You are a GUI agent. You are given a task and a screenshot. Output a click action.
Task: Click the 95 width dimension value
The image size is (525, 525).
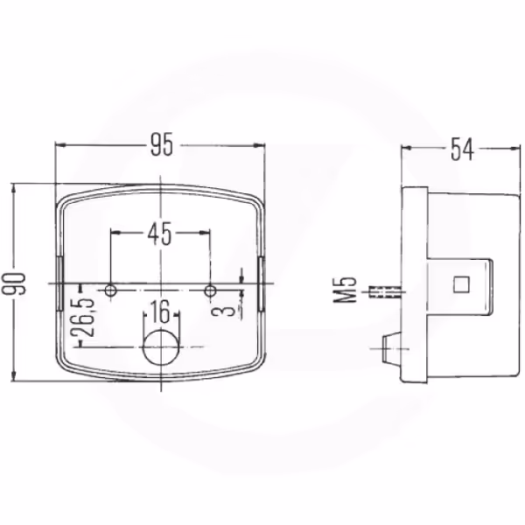pos(162,145)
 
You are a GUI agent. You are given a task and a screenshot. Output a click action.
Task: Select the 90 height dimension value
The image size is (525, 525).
pos(14,283)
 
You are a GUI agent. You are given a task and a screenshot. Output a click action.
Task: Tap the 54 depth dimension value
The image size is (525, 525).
pos(462,150)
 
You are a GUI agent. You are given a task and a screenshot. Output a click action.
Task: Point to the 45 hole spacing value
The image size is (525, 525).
pos(160,234)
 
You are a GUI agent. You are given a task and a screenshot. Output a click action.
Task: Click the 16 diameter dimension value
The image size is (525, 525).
pos(160,312)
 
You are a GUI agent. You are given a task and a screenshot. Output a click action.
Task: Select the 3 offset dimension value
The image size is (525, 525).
pos(227,308)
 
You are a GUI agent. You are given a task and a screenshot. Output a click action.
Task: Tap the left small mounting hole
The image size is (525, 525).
pos(111,290)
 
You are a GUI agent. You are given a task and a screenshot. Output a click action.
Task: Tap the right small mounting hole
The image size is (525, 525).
pos(210,290)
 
